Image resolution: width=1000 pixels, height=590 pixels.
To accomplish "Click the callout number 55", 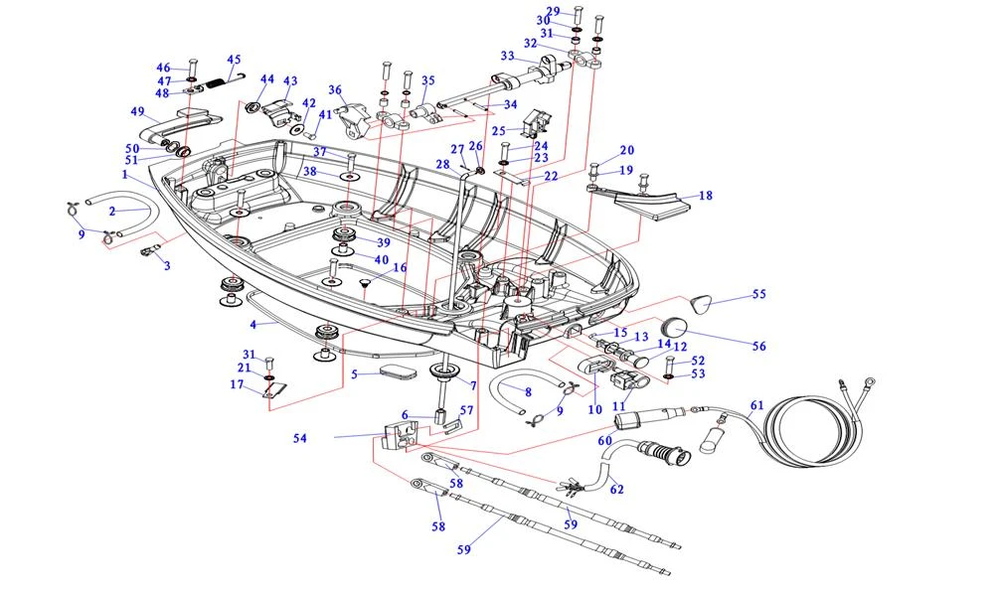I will pyautogui.click(x=759, y=294).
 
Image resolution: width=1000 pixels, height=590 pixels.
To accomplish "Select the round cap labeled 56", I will pyautogui.click(x=677, y=326).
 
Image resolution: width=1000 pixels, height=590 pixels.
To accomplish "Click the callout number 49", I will pyautogui.click(x=137, y=111).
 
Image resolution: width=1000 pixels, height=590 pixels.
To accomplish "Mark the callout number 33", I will pyautogui.click(x=507, y=56).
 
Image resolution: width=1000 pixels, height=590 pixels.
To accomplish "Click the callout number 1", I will pyautogui.click(x=126, y=175).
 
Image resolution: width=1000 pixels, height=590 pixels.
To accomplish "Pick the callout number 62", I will pyautogui.click(x=616, y=490).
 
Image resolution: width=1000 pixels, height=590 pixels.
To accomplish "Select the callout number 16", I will pyautogui.click(x=400, y=268).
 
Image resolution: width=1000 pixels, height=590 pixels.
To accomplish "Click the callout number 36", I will pyautogui.click(x=335, y=89).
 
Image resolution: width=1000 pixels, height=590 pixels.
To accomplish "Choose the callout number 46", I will pyautogui.click(x=163, y=68).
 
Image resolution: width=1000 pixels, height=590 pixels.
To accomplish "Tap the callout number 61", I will pyautogui.click(x=756, y=405).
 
